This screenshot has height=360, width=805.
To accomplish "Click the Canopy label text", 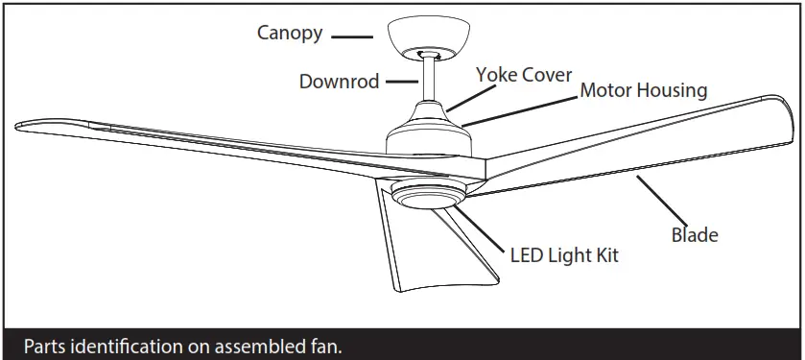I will (289, 34).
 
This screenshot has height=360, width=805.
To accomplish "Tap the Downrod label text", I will (339, 82).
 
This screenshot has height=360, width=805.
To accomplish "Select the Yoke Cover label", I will (524, 75).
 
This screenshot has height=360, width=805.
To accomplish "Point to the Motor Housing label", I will (643, 91).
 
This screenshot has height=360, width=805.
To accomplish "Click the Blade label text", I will (695, 234).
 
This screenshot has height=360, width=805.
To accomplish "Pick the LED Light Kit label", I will (563, 255).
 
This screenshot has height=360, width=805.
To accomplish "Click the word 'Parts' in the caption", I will (44, 346).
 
